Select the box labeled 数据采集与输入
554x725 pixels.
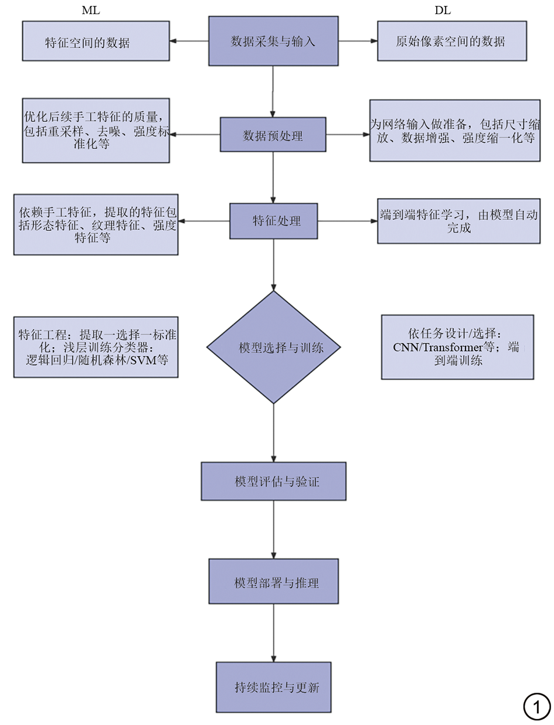[273, 41]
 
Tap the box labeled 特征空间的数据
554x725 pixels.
[96, 41]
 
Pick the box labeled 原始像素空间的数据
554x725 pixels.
[451, 41]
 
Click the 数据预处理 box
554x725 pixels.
[273, 135]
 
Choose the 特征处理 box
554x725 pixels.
[273, 221]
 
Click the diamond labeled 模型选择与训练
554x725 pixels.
[274, 347]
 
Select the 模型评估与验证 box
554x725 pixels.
[273, 481]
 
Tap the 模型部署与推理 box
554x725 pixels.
[273, 581]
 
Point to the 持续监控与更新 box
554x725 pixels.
[273, 687]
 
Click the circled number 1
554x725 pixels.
[536, 706]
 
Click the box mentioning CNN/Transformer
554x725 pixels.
[457, 347]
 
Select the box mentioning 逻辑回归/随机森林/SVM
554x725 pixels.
[96, 347]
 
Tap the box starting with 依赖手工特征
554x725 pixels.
[96, 224]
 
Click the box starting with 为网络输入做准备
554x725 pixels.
[455, 130]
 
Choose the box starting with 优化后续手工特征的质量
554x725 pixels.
[96, 130]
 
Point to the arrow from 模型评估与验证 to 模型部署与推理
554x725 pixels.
[273, 530]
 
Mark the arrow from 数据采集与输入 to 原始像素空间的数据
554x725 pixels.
[358, 41]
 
